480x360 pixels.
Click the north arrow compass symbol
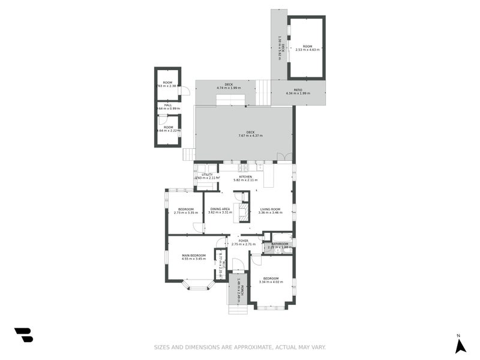(x=460, y=346)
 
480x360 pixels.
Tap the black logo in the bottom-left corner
(x=23, y=335)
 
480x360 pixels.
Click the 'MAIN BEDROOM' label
(x=194, y=256)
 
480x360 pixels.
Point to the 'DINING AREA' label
(x=220, y=209)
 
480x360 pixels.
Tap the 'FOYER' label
(x=244, y=241)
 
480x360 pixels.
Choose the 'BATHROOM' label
(x=280, y=244)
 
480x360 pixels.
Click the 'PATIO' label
(x=298, y=90)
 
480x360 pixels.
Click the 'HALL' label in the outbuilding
(x=168, y=105)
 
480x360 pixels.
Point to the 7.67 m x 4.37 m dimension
(x=250, y=136)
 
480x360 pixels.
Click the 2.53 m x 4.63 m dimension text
(x=307, y=50)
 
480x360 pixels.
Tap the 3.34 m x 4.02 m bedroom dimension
(x=271, y=282)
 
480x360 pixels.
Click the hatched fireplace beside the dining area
(x=244, y=212)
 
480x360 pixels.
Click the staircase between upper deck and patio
(x=263, y=92)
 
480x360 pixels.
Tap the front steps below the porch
(x=238, y=310)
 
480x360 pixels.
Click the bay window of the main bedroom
(x=199, y=286)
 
